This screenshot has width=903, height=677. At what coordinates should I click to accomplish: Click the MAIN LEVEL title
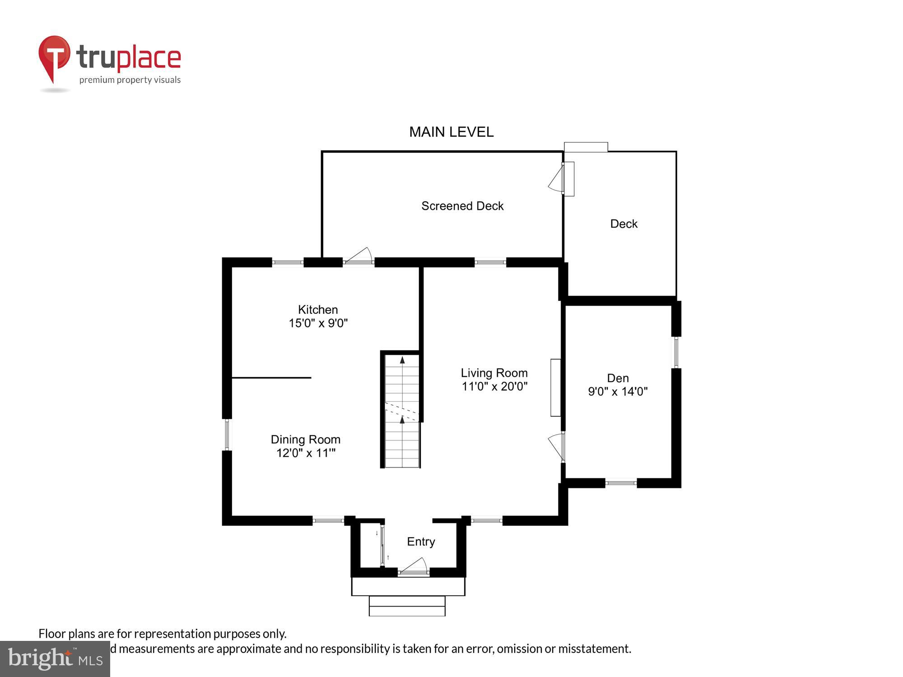pos(451,132)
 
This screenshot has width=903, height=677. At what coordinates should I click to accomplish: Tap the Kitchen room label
pos(318,310)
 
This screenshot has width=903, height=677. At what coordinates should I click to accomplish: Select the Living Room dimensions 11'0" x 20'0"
pos(494,386)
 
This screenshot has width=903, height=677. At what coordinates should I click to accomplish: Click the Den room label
pos(618,378)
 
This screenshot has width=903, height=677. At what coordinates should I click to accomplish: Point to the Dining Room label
pos(305,440)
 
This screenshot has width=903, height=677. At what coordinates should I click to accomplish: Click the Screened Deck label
pos(462,206)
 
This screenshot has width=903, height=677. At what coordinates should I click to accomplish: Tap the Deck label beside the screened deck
pos(624,224)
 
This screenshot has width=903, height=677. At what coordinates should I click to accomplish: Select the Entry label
pos(421,542)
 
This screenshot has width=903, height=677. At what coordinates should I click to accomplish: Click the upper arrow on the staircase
pos(402,360)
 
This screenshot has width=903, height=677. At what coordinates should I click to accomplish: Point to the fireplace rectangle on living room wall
pos(555,387)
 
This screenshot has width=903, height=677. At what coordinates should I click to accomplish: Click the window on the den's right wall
pos(676,352)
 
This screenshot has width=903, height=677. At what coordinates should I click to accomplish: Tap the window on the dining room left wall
pos(227,435)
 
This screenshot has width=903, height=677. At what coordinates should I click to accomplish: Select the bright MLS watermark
pos(55,659)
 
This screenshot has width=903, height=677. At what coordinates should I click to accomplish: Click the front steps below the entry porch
pos(407,606)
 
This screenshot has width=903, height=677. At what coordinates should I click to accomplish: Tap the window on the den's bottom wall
pos(621,483)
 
